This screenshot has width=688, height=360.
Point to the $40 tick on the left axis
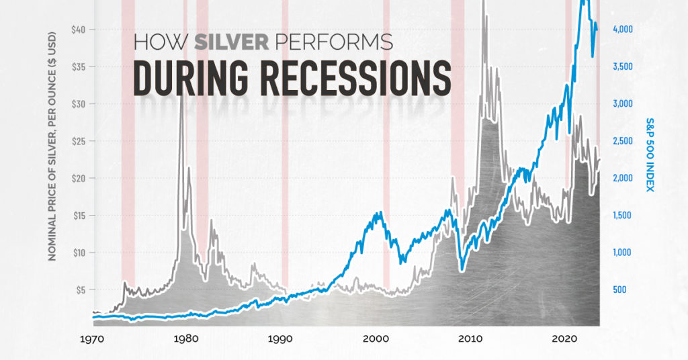(x=80, y=30)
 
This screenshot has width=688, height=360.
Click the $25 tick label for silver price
(x=80, y=141)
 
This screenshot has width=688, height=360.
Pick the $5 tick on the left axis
(x=82, y=290)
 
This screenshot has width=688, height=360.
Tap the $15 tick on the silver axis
(x=80, y=216)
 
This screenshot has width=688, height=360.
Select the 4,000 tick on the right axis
(x=622, y=30)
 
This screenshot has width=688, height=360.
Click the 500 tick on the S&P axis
(x=619, y=290)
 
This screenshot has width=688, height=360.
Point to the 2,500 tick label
(x=622, y=141)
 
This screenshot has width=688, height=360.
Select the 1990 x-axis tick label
(x=280, y=340)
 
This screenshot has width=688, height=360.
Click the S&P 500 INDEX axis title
(x=650, y=154)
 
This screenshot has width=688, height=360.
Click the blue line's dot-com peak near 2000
(x=380, y=213)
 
